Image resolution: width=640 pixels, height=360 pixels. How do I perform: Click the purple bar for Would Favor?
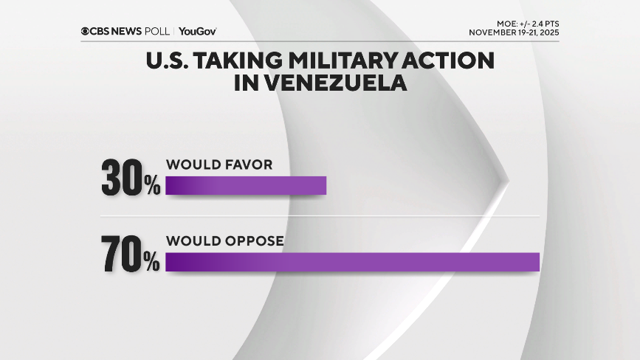click(246, 185)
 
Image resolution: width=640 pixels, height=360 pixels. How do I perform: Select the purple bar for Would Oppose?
click(353, 262)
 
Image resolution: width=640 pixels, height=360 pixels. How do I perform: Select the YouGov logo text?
click(197, 31)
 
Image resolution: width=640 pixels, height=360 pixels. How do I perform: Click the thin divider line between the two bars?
click(317, 215)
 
